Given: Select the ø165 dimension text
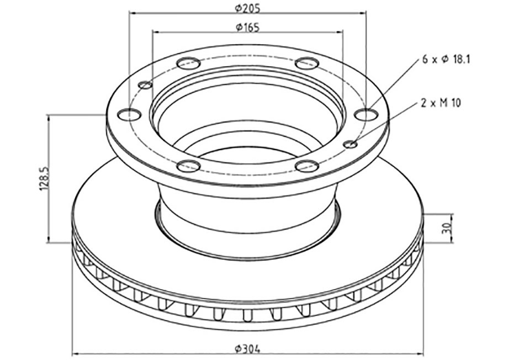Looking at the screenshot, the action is (x=247, y=27).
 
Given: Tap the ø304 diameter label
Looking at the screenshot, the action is (x=247, y=348).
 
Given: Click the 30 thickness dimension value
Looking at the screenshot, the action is (x=446, y=228).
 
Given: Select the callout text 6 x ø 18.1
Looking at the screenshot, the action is (x=446, y=60).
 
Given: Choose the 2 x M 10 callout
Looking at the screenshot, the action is (x=440, y=103).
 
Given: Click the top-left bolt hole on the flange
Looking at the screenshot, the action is (x=188, y=63).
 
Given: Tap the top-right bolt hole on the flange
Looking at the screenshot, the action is (x=308, y=63).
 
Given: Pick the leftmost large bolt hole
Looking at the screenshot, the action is (x=130, y=114).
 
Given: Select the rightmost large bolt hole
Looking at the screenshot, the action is (x=366, y=114).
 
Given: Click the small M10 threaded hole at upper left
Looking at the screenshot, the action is (x=145, y=85).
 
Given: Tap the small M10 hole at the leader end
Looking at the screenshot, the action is (x=351, y=144).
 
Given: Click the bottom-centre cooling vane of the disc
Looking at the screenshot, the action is (x=247, y=313).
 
